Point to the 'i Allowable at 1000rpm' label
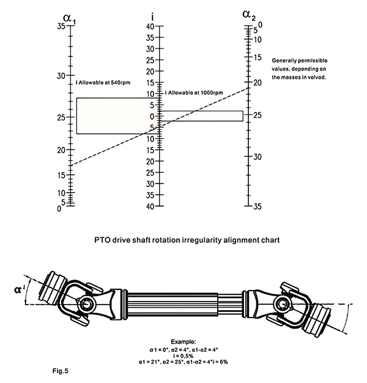[x=195, y=92]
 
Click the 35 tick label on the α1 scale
[x=61, y=27]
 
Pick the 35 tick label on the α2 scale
[x=258, y=207]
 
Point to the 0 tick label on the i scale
[x=151, y=116]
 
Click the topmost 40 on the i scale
[x=149, y=27]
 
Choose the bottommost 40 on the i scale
[x=149, y=207]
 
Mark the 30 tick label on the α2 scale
[x=258, y=157]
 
